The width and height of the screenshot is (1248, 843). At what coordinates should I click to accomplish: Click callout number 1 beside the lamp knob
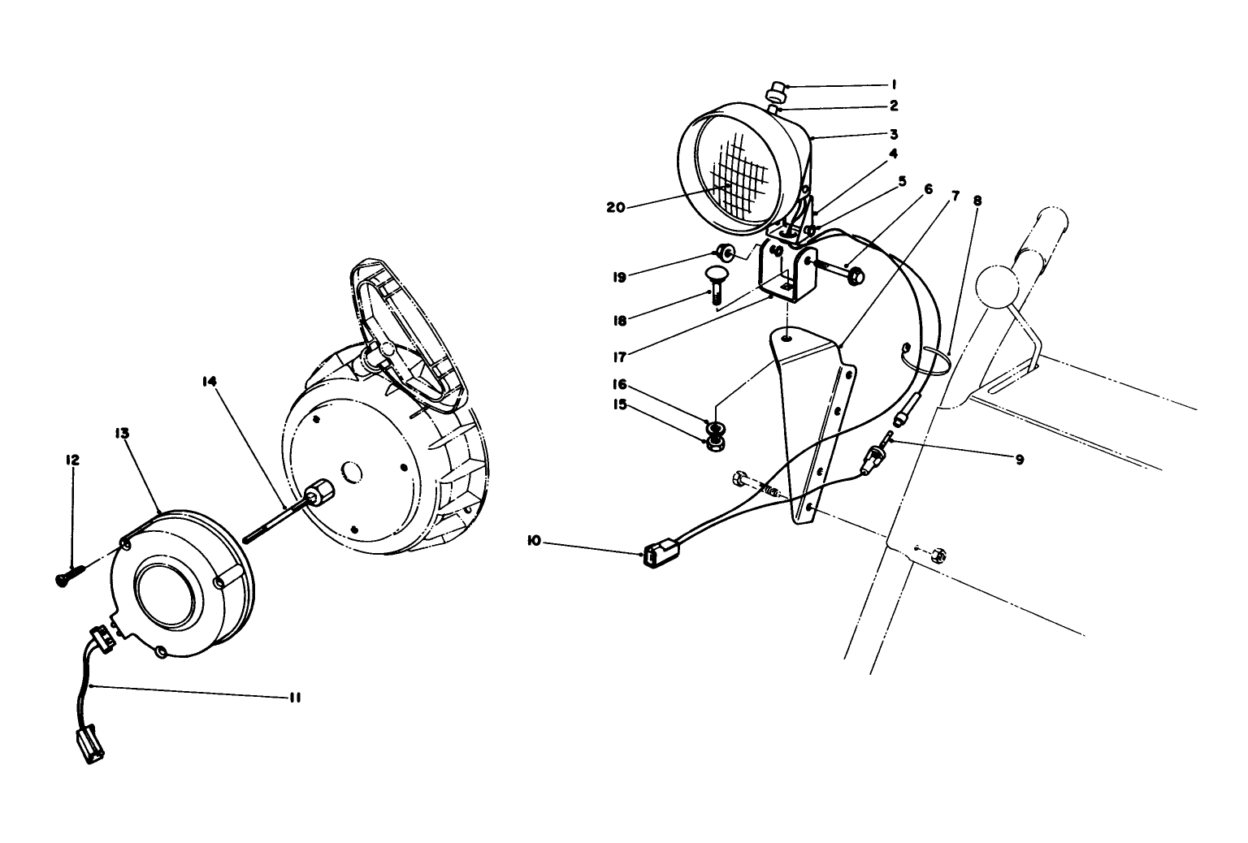pyautogui.click(x=893, y=84)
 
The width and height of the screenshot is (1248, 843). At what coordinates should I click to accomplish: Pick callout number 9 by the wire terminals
pyautogui.click(x=1019, y=459)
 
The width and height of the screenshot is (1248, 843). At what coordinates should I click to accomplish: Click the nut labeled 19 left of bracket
pyautogui.click(x=725, y=253)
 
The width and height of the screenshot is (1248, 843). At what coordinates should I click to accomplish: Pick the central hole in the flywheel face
pyautogui.click(x=352, y=471)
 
